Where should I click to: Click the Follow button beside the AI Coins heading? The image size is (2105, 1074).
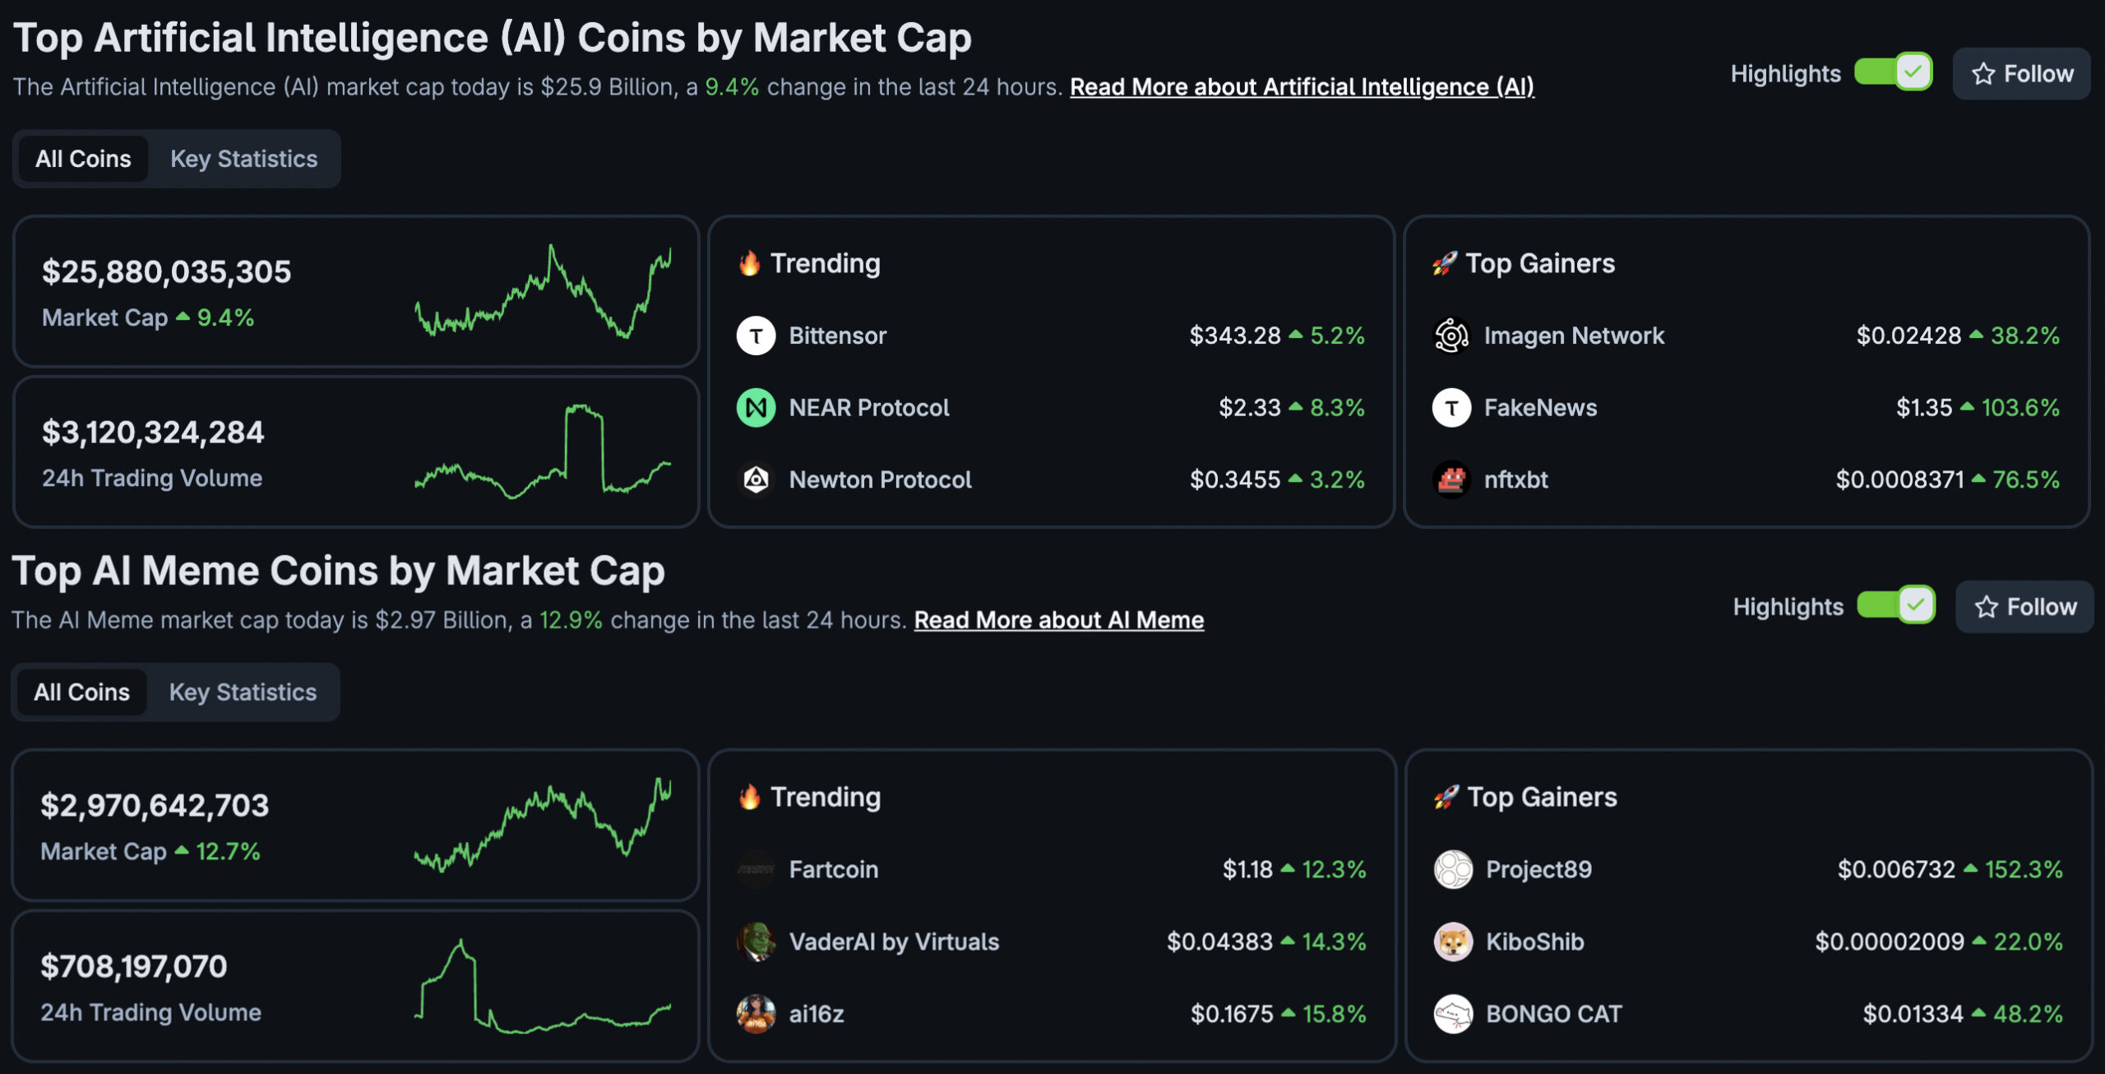[2021, 74]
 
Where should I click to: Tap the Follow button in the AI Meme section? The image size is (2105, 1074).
[2024, 607]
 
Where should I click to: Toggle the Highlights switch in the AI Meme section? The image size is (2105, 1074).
[1895, 606]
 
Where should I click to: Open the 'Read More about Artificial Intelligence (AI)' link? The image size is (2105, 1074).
[1302, 87]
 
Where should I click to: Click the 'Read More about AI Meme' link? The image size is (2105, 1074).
[1058, 620]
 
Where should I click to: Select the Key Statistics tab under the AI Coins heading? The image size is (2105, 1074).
[243, 159]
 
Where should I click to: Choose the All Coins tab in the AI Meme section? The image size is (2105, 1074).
[81, 692]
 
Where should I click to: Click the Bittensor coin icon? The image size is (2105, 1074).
[756, 336]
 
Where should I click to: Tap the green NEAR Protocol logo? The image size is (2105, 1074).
[756, 408]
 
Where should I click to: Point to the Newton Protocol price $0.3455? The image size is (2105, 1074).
[1234, 479]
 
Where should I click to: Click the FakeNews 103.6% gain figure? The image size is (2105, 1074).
[2019, 408]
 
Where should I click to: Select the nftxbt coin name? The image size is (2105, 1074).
[1515, 479]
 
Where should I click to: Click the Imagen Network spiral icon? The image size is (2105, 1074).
[1451, 336]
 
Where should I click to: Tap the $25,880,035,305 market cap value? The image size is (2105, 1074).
[167, 272]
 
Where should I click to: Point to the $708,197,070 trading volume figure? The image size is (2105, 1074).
[134, 966]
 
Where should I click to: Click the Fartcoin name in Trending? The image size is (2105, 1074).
[833, 869]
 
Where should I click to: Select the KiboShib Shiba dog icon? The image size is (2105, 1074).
[1453, 942]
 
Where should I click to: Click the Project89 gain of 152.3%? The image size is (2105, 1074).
[2023, 869]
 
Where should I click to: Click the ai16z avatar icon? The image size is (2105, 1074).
[756, 1014]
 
